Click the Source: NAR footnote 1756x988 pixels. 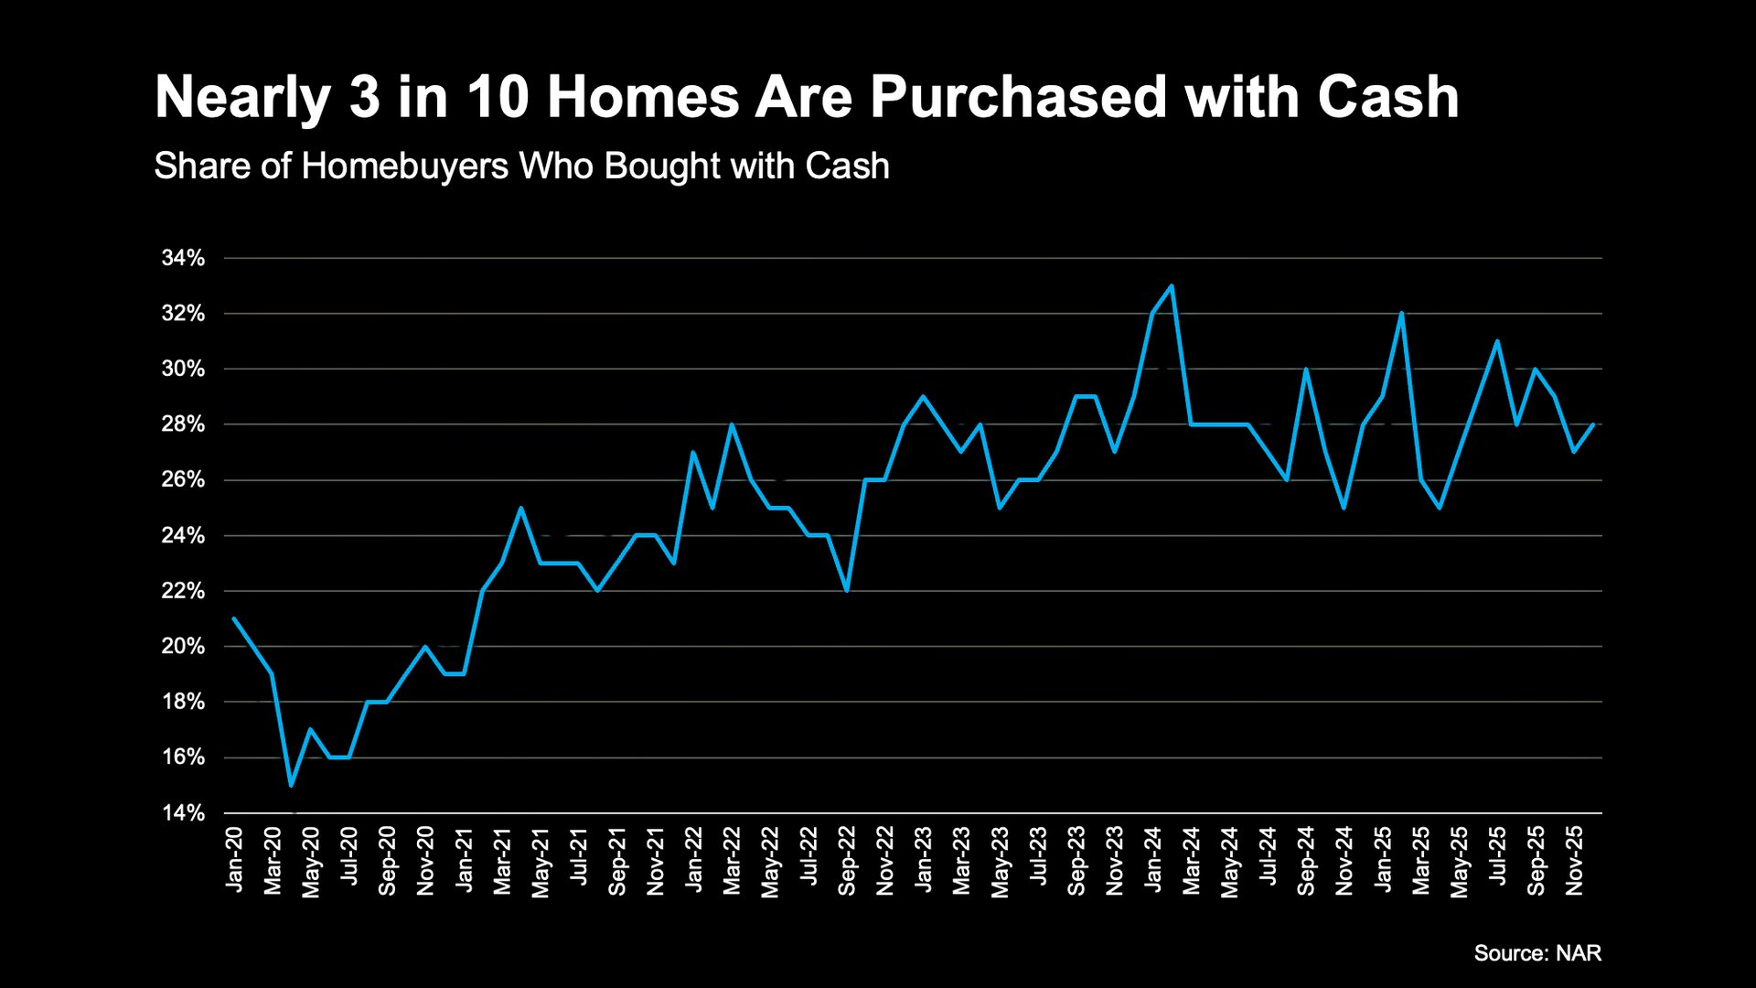[x=1537, y=953]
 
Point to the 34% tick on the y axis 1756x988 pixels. [x=183, y=258]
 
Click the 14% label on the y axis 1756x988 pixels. [x=183, y=813]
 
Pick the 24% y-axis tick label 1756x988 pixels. [x=183, y=535]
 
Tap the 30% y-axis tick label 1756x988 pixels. [x=183, y=369]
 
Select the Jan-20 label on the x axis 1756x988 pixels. [x=234, y=860]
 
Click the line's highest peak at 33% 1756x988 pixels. [x=1172, y=286]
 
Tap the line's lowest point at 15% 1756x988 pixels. [x=291, y=785]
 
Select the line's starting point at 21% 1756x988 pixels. [x=234, y=618]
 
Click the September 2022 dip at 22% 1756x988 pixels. [x=847, y=590]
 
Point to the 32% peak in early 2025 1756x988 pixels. [x=1402, y=314]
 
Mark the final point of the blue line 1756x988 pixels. [x=1593, y=424]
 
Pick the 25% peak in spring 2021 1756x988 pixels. [x=520, y=508]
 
